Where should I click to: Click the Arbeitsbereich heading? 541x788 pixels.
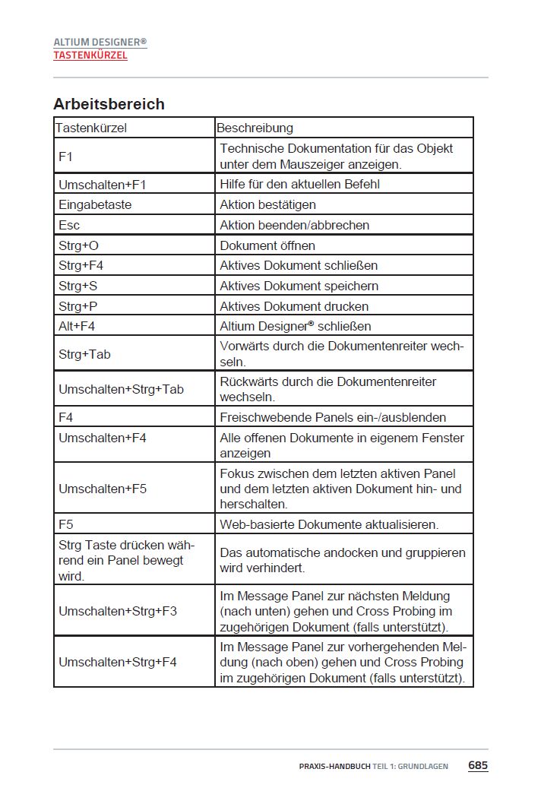pos(109,104)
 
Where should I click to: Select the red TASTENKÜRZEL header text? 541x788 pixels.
pos(90,55)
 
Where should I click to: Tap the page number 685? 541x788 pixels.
pos(477,765)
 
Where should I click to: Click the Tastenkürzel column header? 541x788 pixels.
pos(91,128)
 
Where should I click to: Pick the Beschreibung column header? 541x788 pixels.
pos(255,128)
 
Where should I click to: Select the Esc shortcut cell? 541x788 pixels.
pos(69,225)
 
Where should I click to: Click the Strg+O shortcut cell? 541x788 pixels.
pos(78,245)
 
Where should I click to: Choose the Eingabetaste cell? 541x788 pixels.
pos(95,204)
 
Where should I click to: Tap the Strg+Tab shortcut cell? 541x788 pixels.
pos(84,354)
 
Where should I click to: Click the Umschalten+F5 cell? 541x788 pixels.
pos(103,489)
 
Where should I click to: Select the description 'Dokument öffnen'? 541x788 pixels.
pos(267,245)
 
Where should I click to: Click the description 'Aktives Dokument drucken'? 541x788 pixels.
pos(294,306)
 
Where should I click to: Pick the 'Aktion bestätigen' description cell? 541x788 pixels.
pos(267,204)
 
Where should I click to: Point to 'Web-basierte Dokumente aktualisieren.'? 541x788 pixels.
pos(329,524)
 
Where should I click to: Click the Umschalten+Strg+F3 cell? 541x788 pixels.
pos(118,610)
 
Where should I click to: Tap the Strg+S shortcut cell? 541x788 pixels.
pos(78,286)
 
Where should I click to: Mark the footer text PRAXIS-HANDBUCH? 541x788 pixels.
pos(334,766)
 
